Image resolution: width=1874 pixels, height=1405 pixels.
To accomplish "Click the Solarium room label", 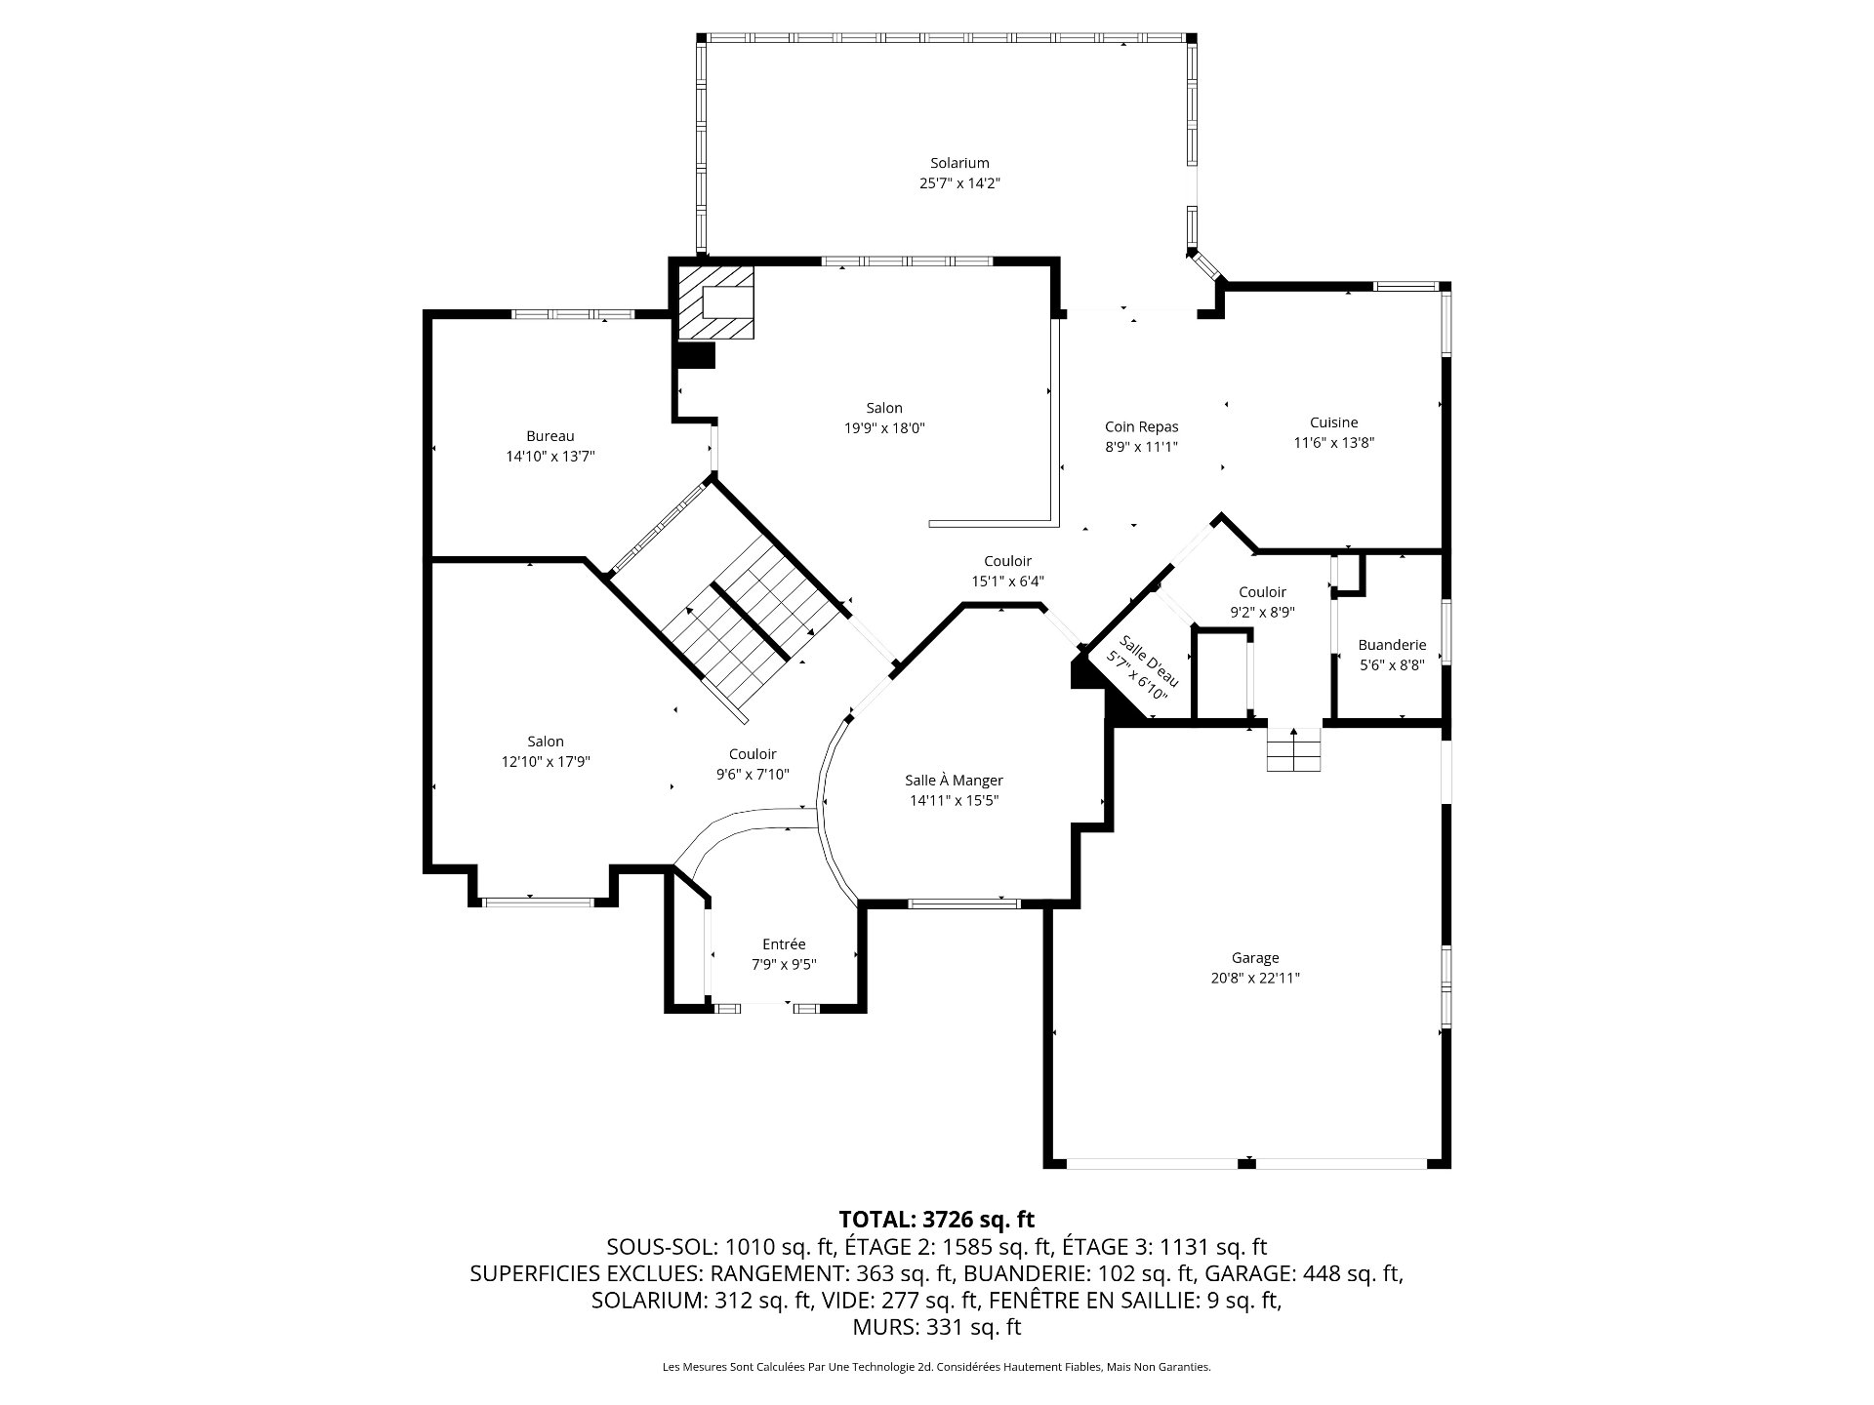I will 959,163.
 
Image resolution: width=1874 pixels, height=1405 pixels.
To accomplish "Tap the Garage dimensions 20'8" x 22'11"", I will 1254,978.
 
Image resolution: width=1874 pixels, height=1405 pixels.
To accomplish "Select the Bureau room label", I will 550,436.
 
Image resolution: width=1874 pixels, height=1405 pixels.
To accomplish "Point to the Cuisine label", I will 1333,422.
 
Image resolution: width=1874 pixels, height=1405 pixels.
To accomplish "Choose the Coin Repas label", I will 1141,426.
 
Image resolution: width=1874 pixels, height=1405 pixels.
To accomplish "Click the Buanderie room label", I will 1392,645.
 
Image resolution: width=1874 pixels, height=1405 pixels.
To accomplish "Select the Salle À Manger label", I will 954,780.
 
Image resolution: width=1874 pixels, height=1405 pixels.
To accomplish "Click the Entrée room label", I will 784,943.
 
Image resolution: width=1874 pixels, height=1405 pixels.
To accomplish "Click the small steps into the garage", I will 1293,749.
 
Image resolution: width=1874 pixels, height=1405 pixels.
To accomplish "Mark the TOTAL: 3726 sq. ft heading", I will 936,1219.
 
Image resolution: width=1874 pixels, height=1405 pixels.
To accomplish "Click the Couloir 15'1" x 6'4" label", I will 1007,571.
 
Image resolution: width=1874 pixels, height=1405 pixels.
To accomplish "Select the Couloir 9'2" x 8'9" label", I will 1262,602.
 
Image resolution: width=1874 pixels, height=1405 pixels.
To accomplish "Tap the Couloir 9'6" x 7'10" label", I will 753,764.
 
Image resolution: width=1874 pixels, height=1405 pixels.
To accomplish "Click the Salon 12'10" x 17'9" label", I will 546,751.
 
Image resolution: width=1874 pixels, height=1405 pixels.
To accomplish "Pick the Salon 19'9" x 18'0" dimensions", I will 884,427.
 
